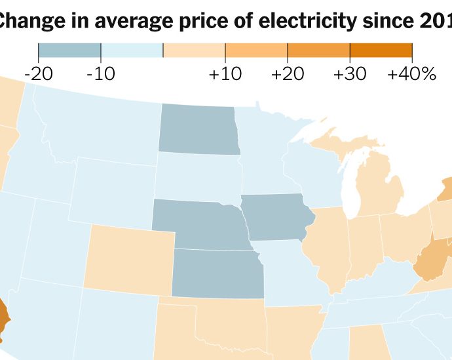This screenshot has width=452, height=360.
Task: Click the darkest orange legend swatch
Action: (381, 50)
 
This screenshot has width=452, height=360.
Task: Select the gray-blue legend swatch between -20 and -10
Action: (69, 50)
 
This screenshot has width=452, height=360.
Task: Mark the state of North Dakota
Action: (198, 130)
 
